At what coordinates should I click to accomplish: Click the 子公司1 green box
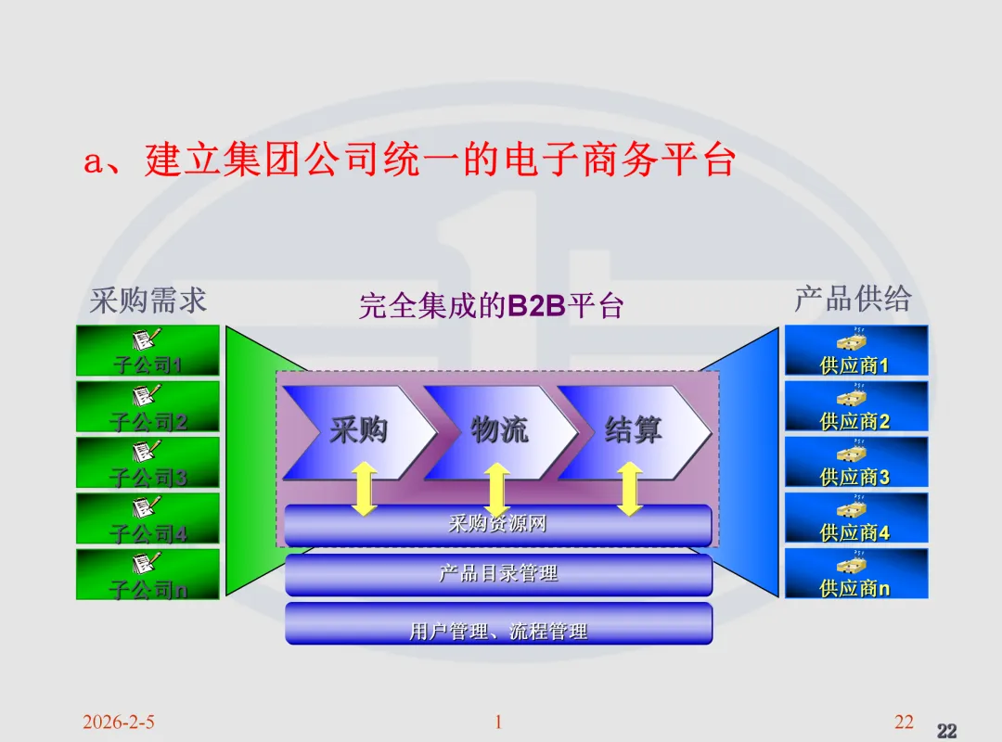pyautogui.click(x=148, y=351)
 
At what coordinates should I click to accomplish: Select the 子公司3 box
pyautogui.click(x=148, y=462)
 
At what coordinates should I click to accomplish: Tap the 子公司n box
pyautogui.click(x=148, y=574)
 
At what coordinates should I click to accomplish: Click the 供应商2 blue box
pyautogui.click(x=855, y=406)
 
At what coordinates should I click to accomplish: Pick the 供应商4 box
pyautogui.click(x=855, y=518)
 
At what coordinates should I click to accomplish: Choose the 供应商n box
pyautogui.click(x=855, y=573)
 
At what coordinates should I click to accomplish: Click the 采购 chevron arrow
pyautogui.click(x=358, y=431)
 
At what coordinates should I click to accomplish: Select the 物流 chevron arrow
pyautogui.click(x=499, y=431)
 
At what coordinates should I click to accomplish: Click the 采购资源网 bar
pyautogui.click(x=498, y=525)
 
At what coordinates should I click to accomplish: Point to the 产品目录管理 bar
pyautogui.click(x=498, y=574)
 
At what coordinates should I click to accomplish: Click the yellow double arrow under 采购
pyautogui.click(x=364, y=489)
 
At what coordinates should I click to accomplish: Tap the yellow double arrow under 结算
pyautogui.click(x=630, y=489)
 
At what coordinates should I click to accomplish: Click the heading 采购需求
pyautogui.click(x=148, y=300)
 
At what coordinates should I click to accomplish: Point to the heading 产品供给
pyautogui.click(x=853, y=299)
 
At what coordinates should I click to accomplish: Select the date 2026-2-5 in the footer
pyautogui.click(x=118, y=722)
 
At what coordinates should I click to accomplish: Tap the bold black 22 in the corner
pyautogui.click(x=946, y=731)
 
